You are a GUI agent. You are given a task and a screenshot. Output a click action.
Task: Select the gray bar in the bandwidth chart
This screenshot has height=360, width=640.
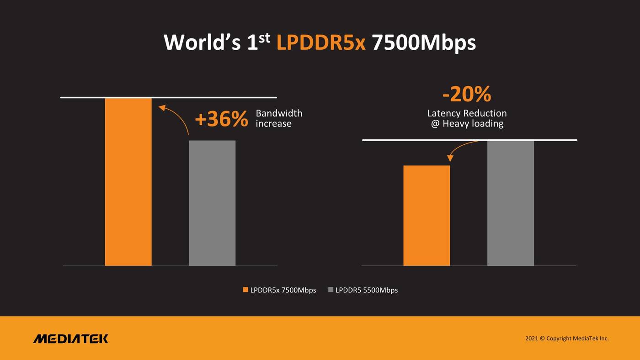point(212,203)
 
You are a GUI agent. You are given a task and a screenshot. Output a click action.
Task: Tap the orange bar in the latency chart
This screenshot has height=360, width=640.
point(427,215)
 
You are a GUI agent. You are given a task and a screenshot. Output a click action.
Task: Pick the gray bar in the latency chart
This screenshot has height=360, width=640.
point(510,203)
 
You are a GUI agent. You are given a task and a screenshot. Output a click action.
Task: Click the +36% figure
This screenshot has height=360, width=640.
point(221,119)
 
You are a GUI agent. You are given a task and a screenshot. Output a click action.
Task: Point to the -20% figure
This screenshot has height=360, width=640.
point(467,95)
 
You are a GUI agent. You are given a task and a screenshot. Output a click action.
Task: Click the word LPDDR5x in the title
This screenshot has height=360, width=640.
point(321,43)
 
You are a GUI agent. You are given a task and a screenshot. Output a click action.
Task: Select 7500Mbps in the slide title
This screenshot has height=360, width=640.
point(424,43)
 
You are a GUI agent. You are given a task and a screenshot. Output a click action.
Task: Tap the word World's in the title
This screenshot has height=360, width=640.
point(202,43)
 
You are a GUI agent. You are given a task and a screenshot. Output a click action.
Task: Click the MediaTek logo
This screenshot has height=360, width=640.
point(71,339)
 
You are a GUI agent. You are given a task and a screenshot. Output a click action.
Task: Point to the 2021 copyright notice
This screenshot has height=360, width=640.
point(567,339)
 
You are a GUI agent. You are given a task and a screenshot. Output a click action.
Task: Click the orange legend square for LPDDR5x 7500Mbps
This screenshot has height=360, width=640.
point(245,290)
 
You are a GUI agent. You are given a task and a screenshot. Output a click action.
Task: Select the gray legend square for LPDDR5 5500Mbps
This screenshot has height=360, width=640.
point(331,290)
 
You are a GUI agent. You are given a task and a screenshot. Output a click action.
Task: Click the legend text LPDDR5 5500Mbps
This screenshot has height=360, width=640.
point(367,290)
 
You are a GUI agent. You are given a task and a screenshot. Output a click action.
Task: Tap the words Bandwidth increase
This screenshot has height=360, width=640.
point(278,118)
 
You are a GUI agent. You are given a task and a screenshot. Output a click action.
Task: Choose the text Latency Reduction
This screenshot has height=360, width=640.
point(467,113)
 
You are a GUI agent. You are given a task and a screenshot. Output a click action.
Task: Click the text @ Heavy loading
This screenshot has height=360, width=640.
point(467,124)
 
